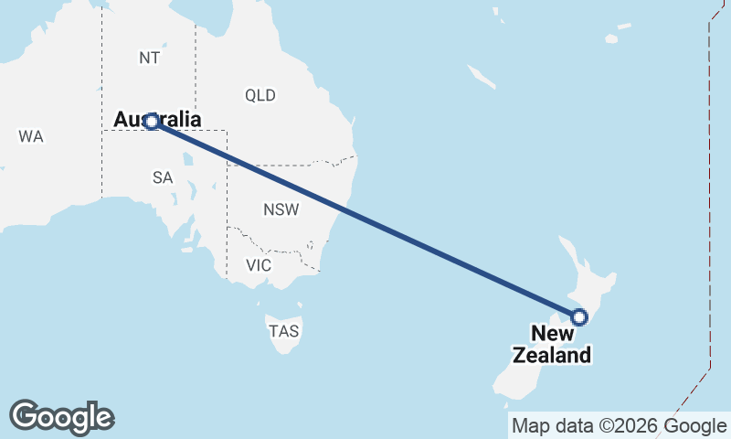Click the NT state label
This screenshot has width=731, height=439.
pos(150,58)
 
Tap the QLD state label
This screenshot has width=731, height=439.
pos(260,95)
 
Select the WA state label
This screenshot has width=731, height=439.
pos(30,136)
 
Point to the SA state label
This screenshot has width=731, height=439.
pos(163,178)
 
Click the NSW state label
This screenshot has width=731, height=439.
pos(281,209)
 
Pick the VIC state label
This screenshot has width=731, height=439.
pos(259,265)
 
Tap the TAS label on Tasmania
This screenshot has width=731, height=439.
pos(284,331)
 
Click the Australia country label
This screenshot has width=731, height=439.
pos(157,119)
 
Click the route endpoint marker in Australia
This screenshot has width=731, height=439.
pos(152,122)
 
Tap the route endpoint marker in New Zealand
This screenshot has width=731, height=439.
pos(578,317)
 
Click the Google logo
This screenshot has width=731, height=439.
pos(61,416)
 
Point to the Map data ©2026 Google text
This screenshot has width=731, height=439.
pos(619,425)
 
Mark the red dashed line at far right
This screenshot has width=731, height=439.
pos(709,183)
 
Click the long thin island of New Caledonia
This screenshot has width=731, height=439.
pos(482,76)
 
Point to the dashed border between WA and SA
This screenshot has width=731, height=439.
pos(101,165)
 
